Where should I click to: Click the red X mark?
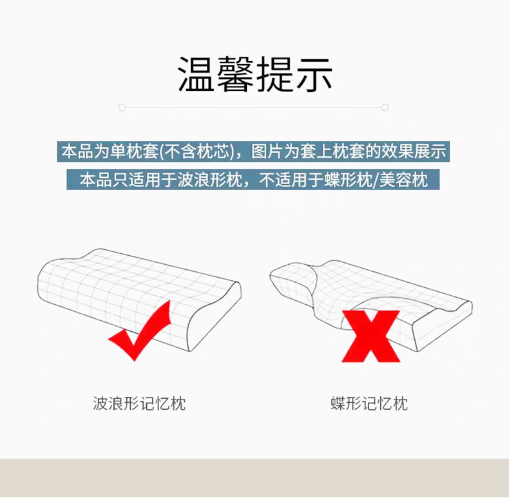(370, 336)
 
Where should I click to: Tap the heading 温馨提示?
(255, 74)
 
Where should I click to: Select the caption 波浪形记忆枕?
(139, 403)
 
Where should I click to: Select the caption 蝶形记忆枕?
(369, 403)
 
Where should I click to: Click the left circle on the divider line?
(122, 108)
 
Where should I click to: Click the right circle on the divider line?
(385, 108)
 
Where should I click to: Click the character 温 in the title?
(196, 74)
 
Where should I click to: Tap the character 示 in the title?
(314, 74)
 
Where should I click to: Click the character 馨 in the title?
(235, 74)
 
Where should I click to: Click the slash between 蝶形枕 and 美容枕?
(376, 180)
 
